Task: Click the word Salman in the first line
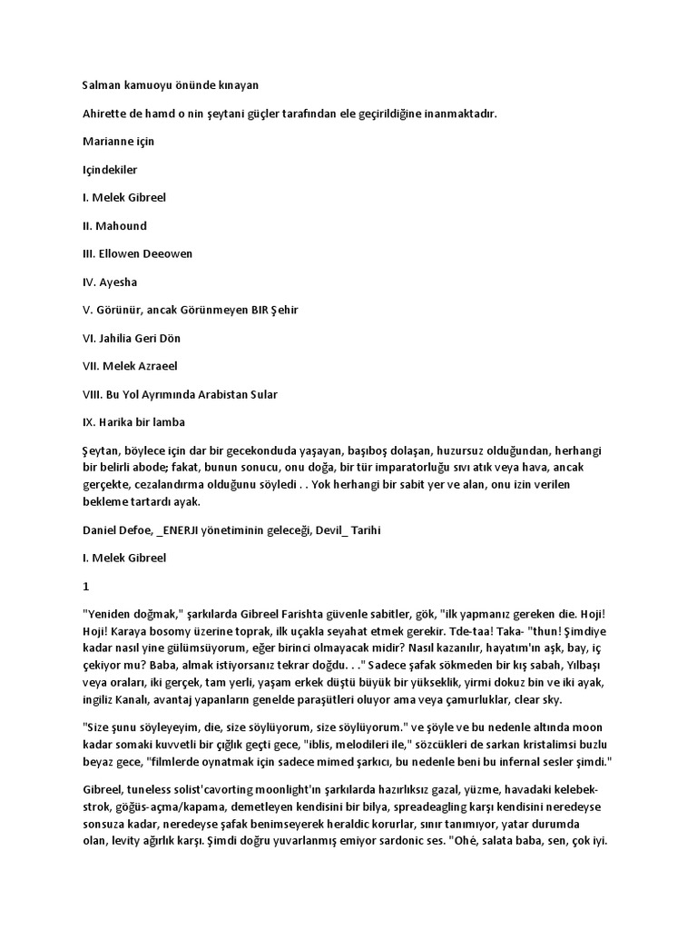tap(101, 84)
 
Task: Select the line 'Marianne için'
tap(113, 141)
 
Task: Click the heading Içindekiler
tap(111, 169)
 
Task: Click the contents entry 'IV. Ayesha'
tap(110, 282)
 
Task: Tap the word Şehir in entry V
tap(280, 310)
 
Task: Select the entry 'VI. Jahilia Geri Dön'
tap(131, 338)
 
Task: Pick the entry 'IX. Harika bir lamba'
tap(134, 422)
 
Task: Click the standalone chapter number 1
tap(85, 587)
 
